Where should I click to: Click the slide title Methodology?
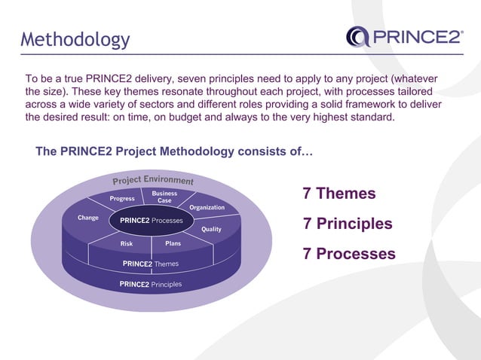[x=75, y=39]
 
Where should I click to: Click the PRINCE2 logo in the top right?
[x=404, y=36]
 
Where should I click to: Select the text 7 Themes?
[x=339, y=194]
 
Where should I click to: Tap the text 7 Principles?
[x=347, y=224]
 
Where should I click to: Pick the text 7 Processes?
[x=348, y=254]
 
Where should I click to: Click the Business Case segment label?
[x=164, y=197]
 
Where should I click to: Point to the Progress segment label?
[x=122, y=199]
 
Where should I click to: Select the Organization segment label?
[x=207, y=207]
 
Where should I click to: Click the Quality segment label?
[x=211, y=229]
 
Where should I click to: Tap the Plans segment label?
[x=173, y=244]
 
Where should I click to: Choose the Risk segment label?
[x=127, y=244]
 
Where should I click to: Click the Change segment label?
[x=88, y=218]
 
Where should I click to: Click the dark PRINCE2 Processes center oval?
[x=151, y=221]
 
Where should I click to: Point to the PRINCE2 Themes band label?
[x=151, y=264]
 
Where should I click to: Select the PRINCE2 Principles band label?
[x=151, y=285]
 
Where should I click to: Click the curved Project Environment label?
[x=153, y=182]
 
